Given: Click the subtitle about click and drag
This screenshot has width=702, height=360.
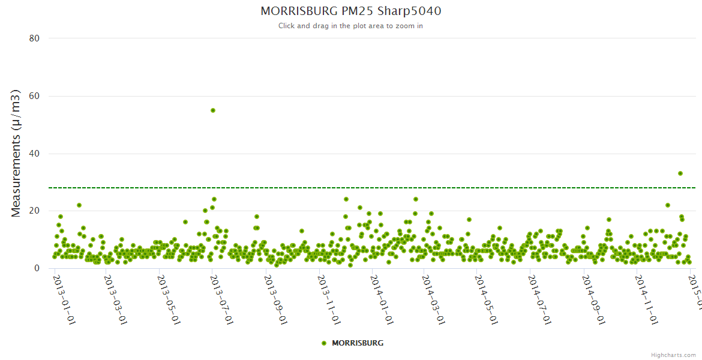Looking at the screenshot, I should coord(350,26).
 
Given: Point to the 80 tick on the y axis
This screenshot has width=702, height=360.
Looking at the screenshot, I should coord(34,38).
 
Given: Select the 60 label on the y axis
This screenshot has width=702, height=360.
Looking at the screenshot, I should coord(34,96).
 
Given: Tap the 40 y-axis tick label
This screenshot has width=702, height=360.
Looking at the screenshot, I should coord(34,154).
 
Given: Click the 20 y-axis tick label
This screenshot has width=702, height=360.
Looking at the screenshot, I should coord(34,211).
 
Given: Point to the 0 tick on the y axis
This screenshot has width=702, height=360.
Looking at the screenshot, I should coord(37,269).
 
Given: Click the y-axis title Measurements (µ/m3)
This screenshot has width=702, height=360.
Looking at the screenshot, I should coord(17,153).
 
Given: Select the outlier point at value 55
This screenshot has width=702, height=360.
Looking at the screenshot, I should coord(213,110).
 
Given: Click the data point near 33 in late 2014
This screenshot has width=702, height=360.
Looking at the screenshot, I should coord(680,173).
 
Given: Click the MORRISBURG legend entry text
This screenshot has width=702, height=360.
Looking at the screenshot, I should coord(358,343).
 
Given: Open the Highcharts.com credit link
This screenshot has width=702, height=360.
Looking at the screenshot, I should coord(673,355).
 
